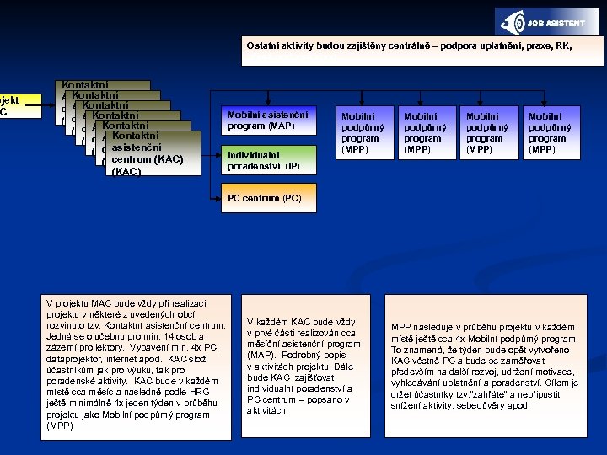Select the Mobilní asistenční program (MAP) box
[267, 120]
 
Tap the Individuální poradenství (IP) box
[269, 159]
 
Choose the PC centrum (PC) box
[269, 200]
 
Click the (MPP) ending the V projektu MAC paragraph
[60, 425]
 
